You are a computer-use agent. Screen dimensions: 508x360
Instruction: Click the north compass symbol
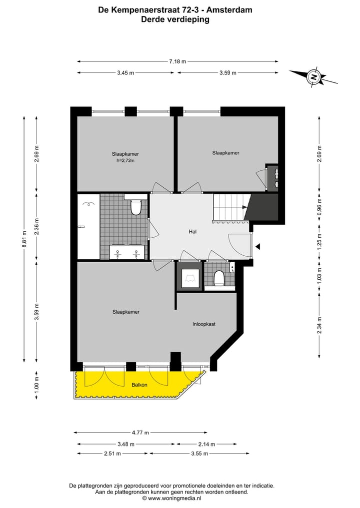point(314,77)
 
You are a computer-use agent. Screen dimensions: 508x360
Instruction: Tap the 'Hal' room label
point(192,232)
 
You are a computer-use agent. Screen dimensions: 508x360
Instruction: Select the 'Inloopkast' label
point(204,324)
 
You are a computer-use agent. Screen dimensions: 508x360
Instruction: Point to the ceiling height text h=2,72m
point(125,161)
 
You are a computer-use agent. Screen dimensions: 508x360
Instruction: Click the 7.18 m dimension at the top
point(177,61)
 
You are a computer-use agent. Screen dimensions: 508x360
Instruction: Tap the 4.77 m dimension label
point(140,433)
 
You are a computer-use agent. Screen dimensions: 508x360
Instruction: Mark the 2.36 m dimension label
point(36,226)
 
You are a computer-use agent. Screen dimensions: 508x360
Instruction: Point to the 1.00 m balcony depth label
point(36,386)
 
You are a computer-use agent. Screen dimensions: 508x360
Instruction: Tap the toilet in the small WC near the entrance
point(219,278)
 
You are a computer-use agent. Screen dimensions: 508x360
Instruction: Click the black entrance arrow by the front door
point(257,246)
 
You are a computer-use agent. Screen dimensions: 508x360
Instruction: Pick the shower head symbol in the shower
point(88,204)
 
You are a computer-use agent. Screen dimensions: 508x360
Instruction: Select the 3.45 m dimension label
point(125,73)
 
